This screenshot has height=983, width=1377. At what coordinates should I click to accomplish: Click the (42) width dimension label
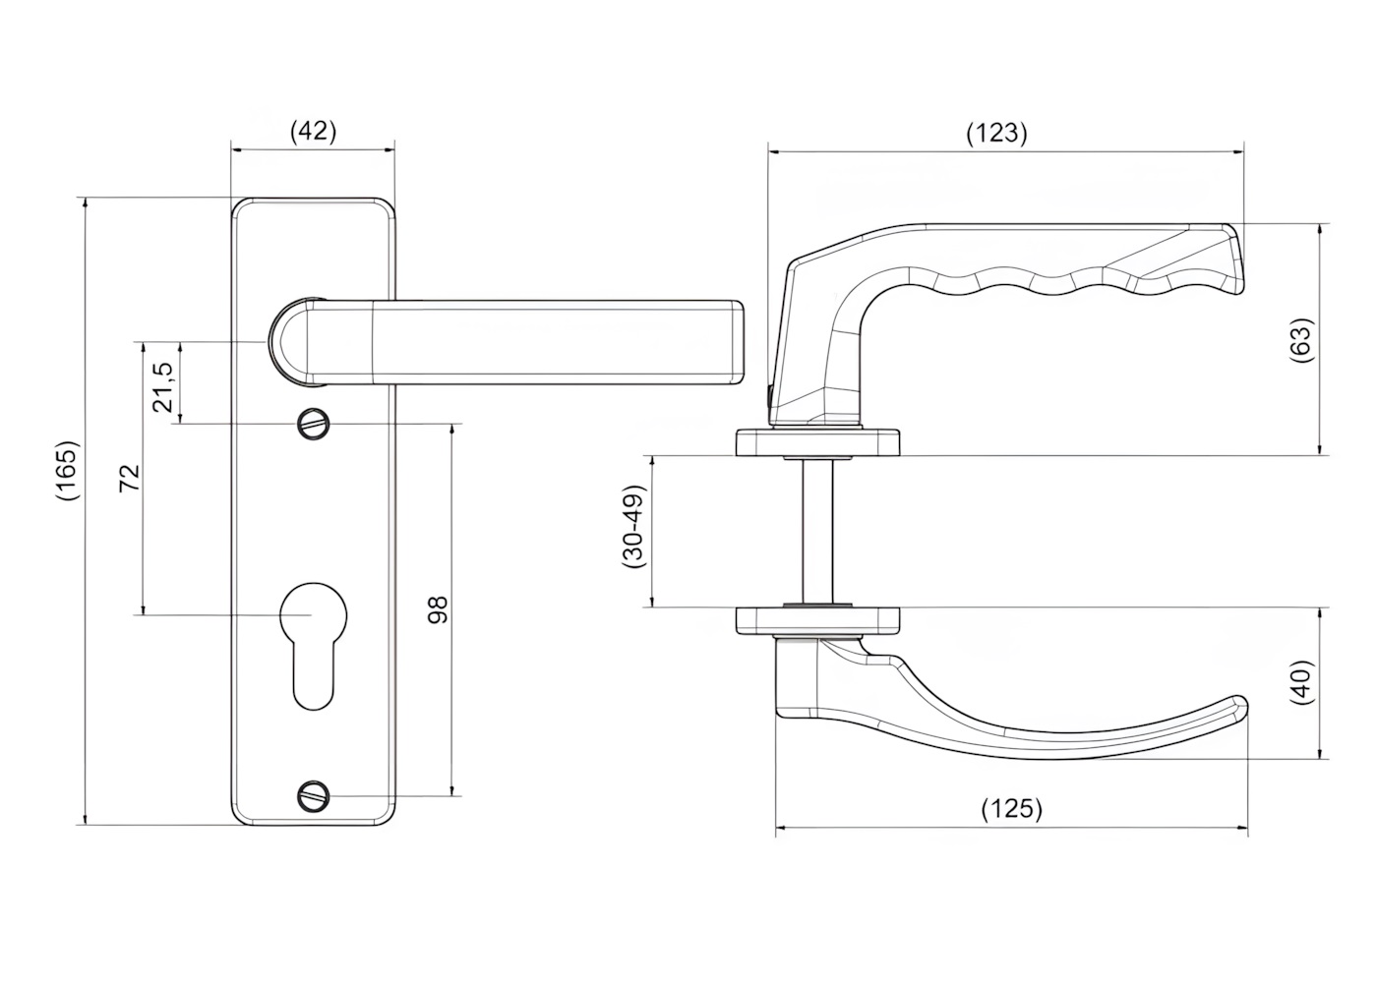(x=314, y=132)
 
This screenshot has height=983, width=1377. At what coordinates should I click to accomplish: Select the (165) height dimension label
(x=67, y=471)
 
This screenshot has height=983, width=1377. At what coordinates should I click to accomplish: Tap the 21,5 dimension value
(x=163, y=387)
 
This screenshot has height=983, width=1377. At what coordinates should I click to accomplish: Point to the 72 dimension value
(x=130, y=478)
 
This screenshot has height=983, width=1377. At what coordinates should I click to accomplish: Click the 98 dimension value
(x=438, y=610)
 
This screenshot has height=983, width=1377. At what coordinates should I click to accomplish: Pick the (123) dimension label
(x=996, y=134)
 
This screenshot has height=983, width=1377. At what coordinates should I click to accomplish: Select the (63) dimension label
(x=1302, y=340)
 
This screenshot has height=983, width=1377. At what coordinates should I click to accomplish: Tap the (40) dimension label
(x=1302, y=682)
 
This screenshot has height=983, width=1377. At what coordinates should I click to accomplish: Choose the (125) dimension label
(x=1011, y=808)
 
